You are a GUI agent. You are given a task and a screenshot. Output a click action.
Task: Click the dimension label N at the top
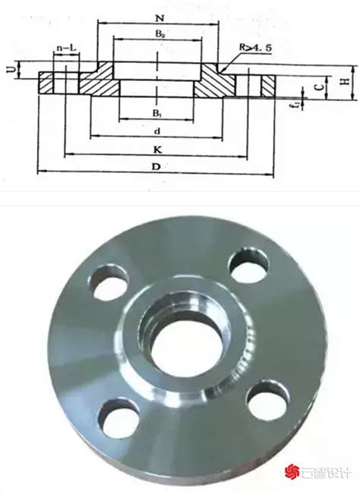[159, 18]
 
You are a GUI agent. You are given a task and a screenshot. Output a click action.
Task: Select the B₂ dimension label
[159, 34]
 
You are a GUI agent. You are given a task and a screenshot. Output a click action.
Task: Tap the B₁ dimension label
[157, 113]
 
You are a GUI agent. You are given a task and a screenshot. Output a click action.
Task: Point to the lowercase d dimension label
[157, 131]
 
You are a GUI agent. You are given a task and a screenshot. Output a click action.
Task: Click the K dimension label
[157, 149]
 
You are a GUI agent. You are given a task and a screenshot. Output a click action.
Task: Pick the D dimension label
[156, 166]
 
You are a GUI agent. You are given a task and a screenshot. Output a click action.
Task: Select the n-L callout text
[66, 48]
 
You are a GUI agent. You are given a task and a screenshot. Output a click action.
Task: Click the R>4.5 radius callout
[255, 48]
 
